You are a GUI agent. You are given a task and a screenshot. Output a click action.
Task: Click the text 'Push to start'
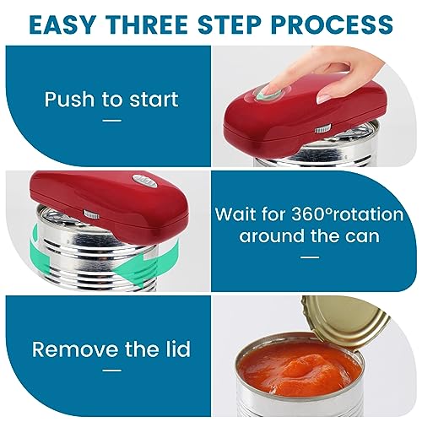tap(111, 100)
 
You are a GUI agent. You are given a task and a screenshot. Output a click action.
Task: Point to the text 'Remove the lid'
tap(111, 349)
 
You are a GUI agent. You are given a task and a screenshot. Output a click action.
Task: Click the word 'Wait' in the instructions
tap(235, 214)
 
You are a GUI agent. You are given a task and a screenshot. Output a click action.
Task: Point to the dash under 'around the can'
tap(310, 257)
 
